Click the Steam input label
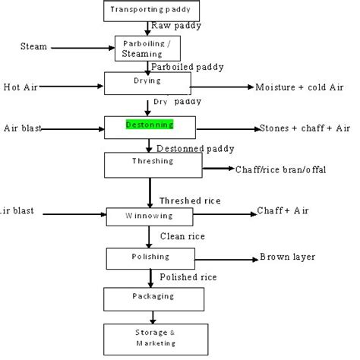coord(33,47)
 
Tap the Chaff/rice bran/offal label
coord(280,169)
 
